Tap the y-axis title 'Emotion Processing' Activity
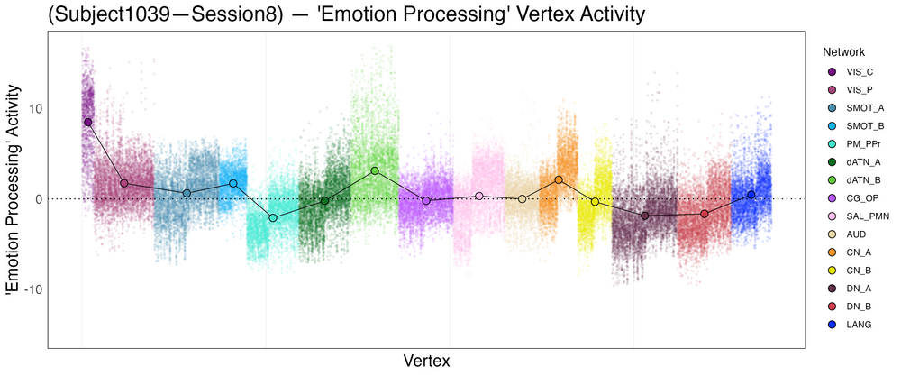point(14,190)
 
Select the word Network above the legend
point(838,52)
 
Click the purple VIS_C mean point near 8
point(87,122)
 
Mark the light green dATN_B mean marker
point(374,170)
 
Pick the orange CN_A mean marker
point(559,179)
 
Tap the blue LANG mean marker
point(751,194)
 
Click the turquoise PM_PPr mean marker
point(273,218)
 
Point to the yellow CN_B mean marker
point(595,202)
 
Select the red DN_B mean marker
point(705,214)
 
